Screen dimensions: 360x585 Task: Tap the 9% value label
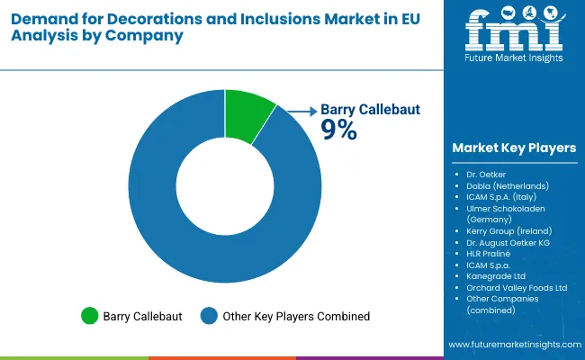[339, 130]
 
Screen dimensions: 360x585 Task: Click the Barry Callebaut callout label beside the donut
[370, 110]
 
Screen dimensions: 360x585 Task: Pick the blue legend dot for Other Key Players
[209, 316]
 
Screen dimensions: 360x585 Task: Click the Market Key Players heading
[514, 148]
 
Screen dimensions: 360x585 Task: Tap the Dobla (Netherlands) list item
[507, 185]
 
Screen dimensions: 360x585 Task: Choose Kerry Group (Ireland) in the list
[508, 230]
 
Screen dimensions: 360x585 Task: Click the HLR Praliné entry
[489, 254]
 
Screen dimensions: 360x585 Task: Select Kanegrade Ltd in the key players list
[495, 276]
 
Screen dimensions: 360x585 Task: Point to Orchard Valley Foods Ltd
[517, 288]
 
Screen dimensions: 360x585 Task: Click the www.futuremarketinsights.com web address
[514, 345]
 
